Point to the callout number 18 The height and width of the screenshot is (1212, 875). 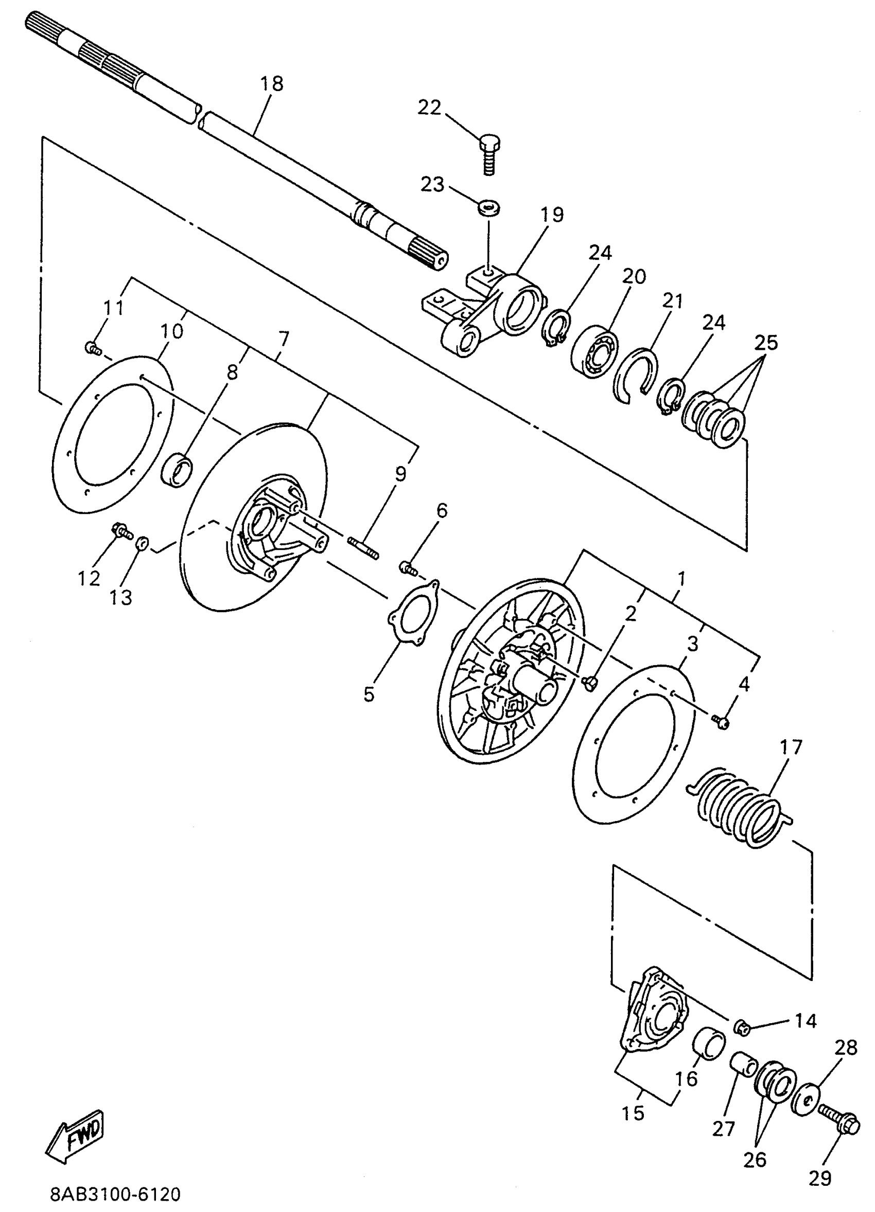pyautogui.click(x=272, y=84)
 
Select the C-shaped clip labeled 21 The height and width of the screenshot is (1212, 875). pyautogui.click(x=636, y=375)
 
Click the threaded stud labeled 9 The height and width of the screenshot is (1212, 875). pyautogui.click(x=363, y=548)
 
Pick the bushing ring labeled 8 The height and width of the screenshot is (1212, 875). pyautogui.click(x=178, y=470)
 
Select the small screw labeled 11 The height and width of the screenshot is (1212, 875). pyautogui.click(x=93, y=348)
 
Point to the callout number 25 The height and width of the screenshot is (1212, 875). pyautogui.click(x=766, y=342)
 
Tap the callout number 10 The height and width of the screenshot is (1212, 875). pyautogui.click(x=171, y=331)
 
